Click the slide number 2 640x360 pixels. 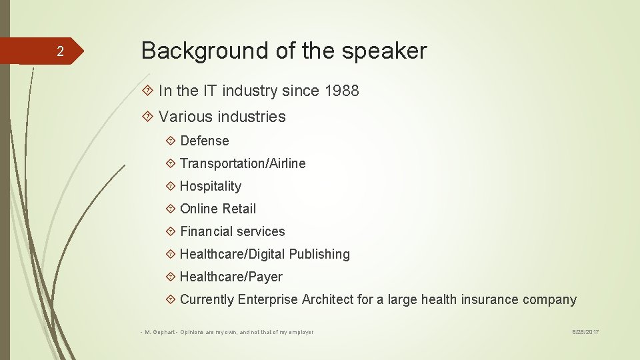click(x=60, y=52)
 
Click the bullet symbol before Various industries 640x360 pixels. click(x=149, y=117)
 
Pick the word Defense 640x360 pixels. click(x=204, y=141)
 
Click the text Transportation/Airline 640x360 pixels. click(x=243, y=163)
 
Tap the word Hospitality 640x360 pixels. click(x=210, y=186)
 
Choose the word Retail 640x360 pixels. click(x=239, y=209)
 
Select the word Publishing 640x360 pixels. click(x=319, y=254)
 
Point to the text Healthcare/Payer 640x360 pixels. click(x=231, y=277)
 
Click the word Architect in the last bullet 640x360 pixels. click(x=327, y=299)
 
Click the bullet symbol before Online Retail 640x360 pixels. click(x=170, y=209)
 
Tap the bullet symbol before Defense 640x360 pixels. click(x=170, y=141)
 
